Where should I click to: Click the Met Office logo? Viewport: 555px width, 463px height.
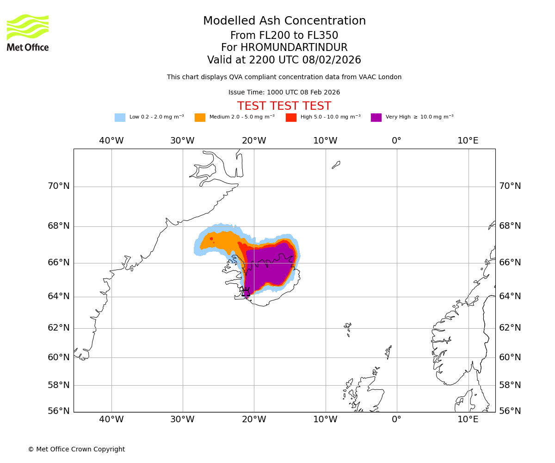(x=28, y=32)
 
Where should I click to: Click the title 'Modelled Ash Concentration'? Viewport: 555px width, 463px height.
(x=284, y=21)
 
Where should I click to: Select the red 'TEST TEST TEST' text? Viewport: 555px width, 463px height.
(x=284, y=106)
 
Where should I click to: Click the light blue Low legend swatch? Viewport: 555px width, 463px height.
(x=120, y=118)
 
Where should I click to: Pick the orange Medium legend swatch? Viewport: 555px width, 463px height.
(x=200, y=118)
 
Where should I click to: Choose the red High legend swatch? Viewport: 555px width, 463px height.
(x=291, y=118)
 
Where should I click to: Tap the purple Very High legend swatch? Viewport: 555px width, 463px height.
(x=376, y=118)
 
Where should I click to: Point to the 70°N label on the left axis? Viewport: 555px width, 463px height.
(x=59, y=186)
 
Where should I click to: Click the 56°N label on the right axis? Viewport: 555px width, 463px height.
(x=510, y=411)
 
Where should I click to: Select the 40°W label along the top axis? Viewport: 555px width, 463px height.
(x=111, y=141)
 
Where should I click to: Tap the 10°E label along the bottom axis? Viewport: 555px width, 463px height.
(x=468, y=419)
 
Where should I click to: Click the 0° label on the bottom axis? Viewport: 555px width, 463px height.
(x=396, y=419)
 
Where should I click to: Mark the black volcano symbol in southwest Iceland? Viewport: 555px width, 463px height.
(x=246, y=293)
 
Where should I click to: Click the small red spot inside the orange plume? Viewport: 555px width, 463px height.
(x=211, y=239)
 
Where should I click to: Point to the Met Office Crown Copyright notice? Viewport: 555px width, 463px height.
(x=76, y=449)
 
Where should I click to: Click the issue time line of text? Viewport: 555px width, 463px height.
(x=284, y=93)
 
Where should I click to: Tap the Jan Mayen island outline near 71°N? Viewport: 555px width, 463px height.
(x=336, y=164)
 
